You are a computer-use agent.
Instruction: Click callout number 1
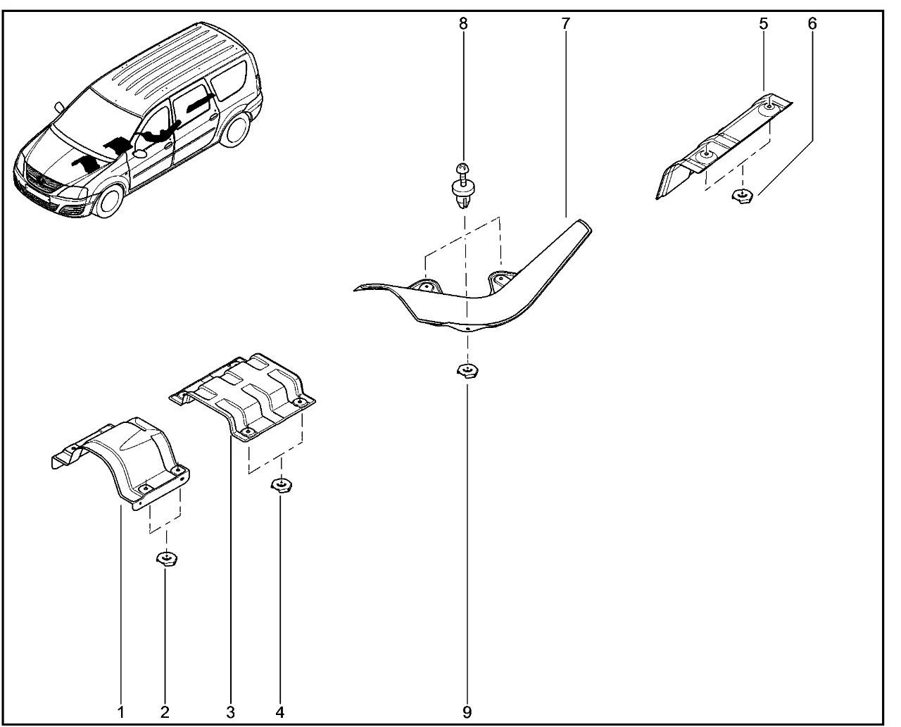[x=120, y=712]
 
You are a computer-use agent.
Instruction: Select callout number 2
[x=165, y=712]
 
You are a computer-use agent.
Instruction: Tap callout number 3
[x=230, y=712]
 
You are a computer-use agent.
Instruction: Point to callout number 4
[x=280, y=712]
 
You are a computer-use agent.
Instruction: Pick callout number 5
[x=764, y=23]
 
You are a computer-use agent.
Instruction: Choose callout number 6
[x=812, y=23]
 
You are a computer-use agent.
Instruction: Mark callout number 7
[x=565, y=23]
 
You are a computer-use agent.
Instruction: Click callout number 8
[x=462, y=23]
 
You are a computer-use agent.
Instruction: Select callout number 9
[x=467, y=712]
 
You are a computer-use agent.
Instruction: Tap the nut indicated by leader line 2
[x=166, y=560]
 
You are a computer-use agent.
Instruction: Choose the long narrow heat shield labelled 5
[x=725, y=144]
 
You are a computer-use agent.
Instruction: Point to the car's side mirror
[x=139, y=153]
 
